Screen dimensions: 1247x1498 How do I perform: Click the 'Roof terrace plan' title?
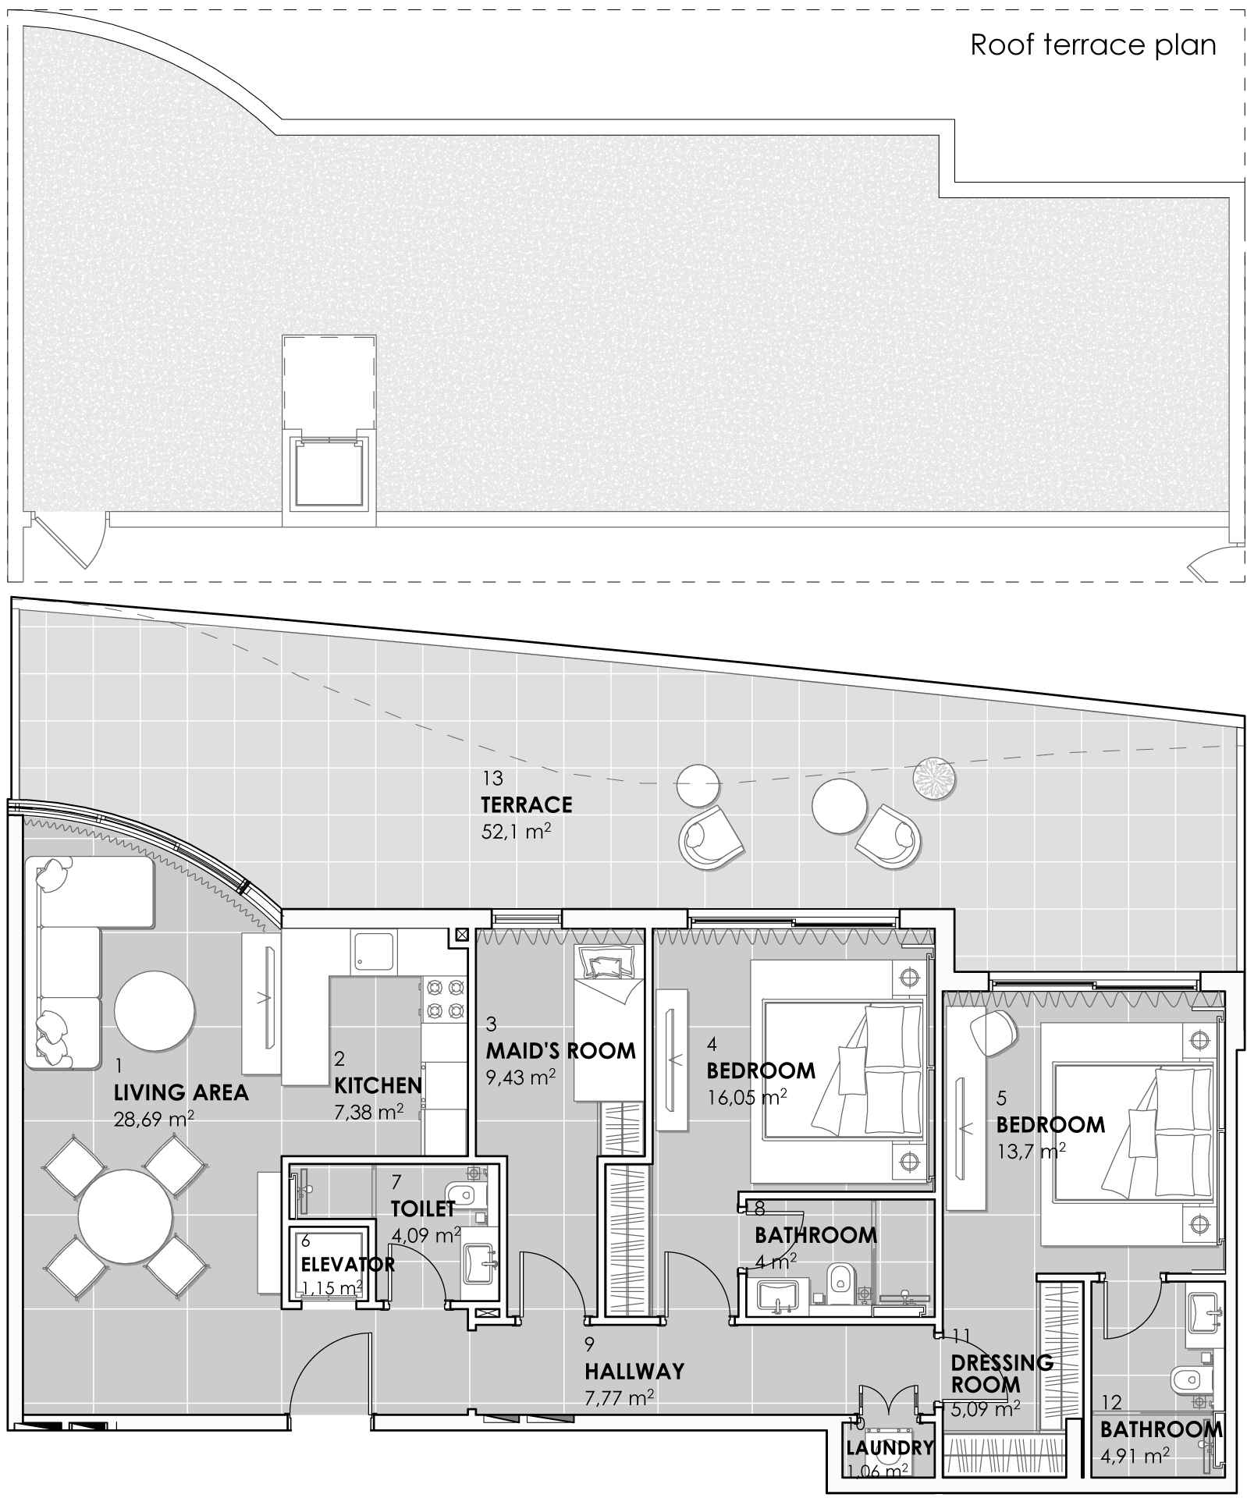tap(1092, 45)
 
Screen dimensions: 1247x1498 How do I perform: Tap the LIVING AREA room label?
tap(181, 1092)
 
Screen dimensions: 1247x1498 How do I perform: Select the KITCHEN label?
tap(378, 1085)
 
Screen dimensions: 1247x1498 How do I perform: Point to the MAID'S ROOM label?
tap(561, 1050)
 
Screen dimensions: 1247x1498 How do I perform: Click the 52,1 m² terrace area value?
tap(516, 832)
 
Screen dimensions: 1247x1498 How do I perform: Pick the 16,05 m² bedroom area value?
tap(747, 1098)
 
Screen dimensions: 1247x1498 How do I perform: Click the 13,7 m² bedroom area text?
tap(1031, 1151)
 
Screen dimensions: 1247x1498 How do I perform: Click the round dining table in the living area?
tap(126, 1218)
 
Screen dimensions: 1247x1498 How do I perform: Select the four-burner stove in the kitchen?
tap(444, 999)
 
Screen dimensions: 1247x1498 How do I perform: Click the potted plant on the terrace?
tap(935, 779)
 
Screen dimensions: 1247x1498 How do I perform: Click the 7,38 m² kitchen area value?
tap(368, 1111)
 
